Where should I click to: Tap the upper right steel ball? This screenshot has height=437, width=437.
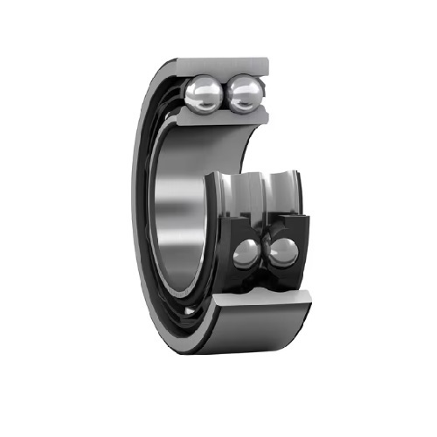point(244,92)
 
